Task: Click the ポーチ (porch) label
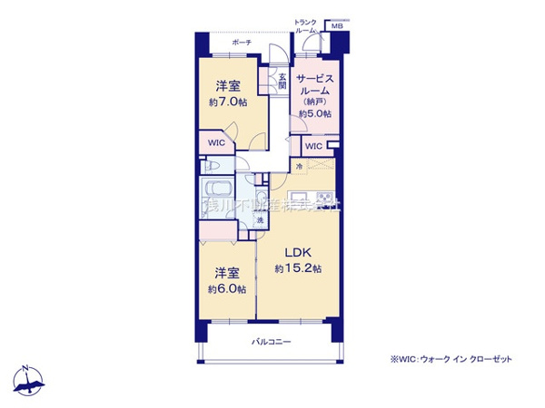click(x=241, y=42)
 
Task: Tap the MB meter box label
click(x=336, y=27)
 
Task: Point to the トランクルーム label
click(x=305, y=26)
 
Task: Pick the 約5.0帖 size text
click(x=315, y=114)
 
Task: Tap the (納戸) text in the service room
click(x=315, y=102)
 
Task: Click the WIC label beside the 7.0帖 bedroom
click(x=215, y=143)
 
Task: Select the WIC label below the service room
click(x=312, y=147)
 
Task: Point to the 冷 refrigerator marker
click(x=299, y=167)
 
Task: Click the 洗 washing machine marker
click(x=259, y=221)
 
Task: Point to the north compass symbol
click(x=29, y=382)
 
